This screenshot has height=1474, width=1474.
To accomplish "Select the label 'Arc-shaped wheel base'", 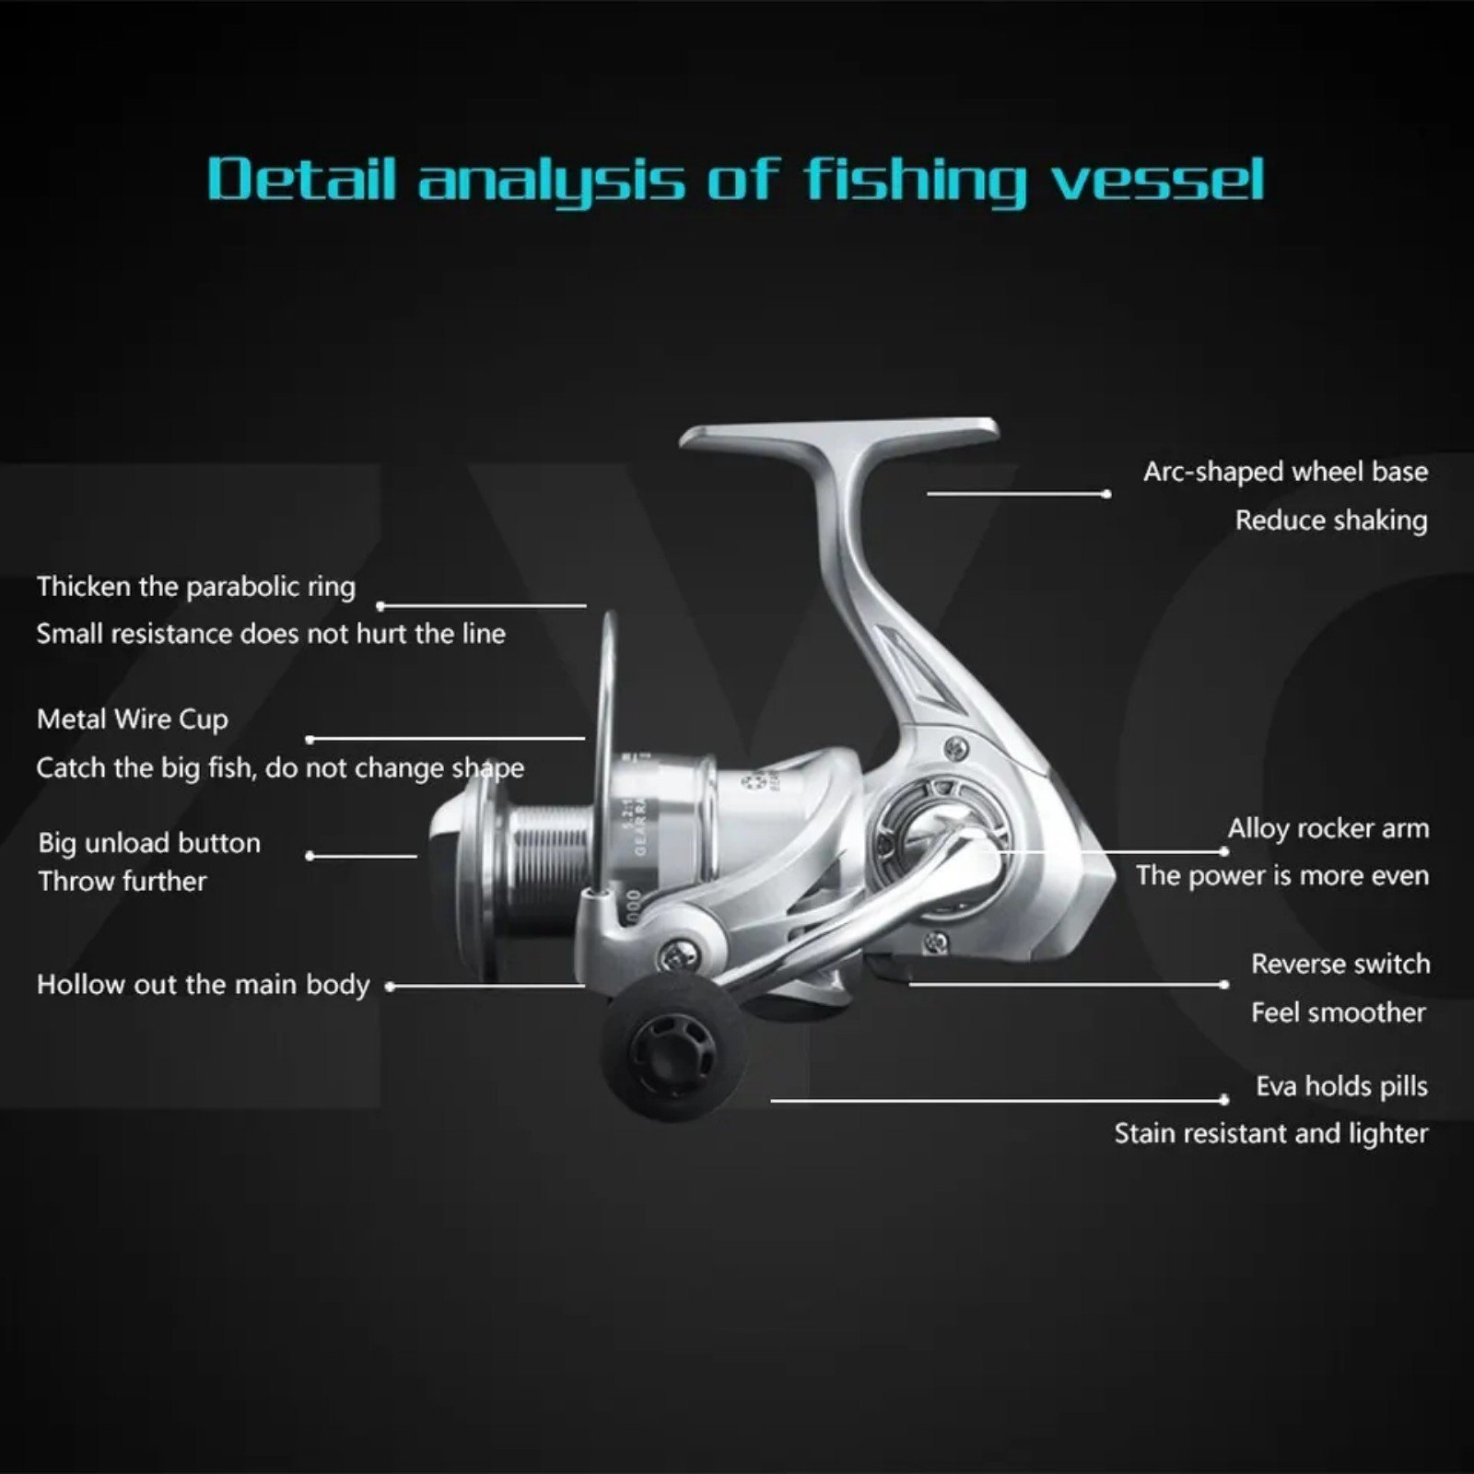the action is (1285, 472).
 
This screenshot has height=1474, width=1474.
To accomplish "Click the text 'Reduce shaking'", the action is (1331, 521).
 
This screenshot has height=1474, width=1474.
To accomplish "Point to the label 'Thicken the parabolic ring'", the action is (196, 587).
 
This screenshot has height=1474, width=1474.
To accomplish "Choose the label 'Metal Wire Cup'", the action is (133, 719).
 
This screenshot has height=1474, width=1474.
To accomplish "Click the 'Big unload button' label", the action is (149, 843).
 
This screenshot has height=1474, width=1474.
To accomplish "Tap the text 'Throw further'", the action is (123, 882).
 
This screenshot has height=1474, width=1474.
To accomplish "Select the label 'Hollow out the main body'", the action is (203, 985).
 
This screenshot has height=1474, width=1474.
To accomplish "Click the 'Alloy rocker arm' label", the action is (1328, 828).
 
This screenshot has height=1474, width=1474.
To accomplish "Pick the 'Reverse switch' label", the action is (1340, 964).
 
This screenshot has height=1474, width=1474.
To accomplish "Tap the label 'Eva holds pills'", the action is (1341, 1086).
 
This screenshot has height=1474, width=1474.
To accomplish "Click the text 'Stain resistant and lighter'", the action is (1271, 1133).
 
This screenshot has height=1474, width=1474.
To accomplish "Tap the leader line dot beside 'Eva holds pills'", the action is (1223, 1100).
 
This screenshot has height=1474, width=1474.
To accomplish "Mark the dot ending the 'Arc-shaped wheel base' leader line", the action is (1106, 494).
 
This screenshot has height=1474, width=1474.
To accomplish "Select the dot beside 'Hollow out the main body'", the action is (390, 986).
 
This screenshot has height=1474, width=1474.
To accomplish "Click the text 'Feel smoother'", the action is (1338, 1012).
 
